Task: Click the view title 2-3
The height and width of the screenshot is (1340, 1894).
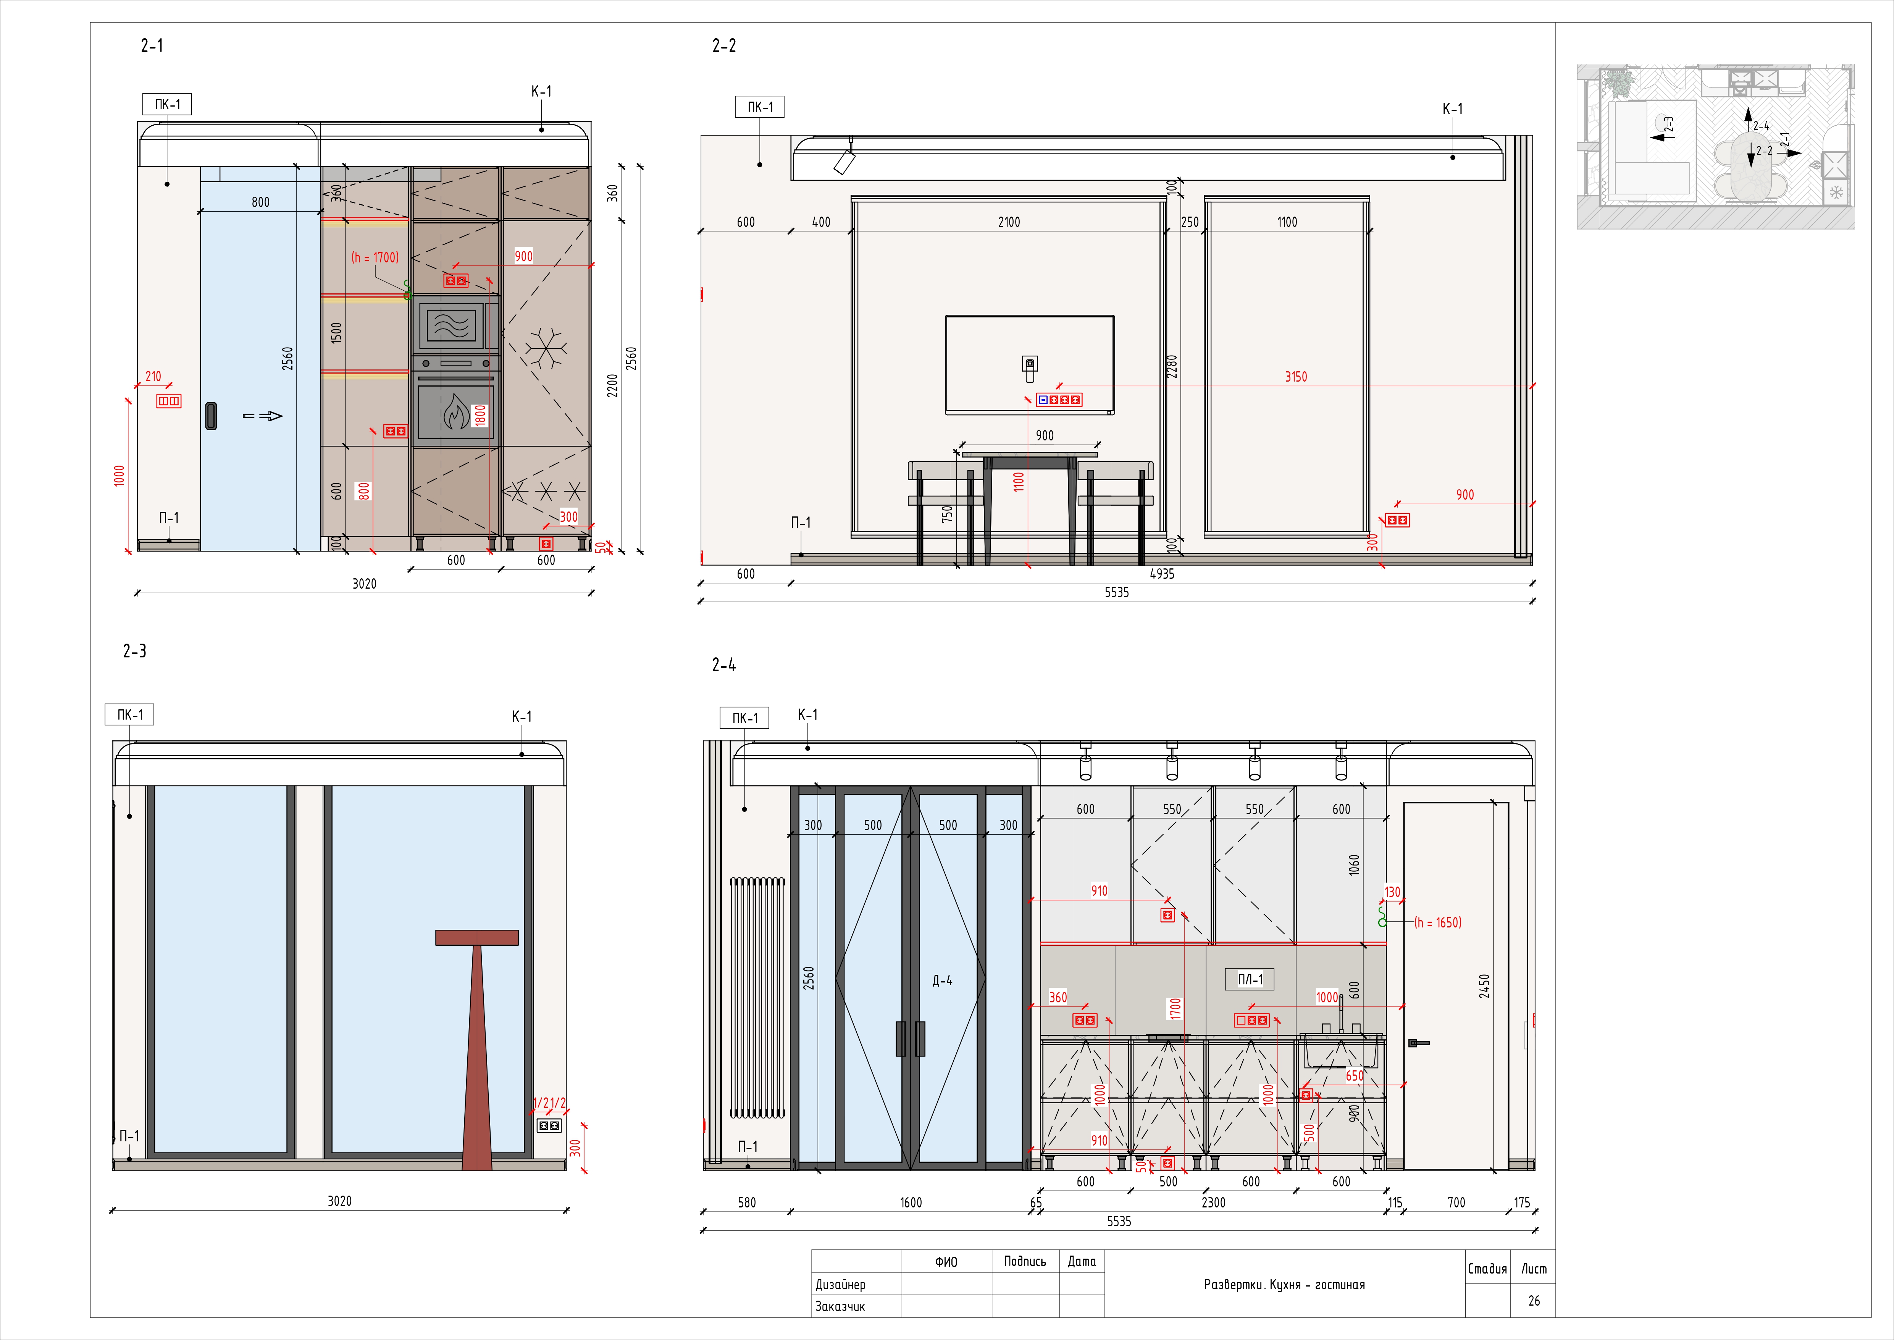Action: click(134, 651)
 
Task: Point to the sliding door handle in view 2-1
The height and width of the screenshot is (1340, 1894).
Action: click(211, 416)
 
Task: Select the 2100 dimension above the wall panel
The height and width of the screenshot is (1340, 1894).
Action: click(1008, 222)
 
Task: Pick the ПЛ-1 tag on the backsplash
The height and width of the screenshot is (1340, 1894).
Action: click(1250, 979)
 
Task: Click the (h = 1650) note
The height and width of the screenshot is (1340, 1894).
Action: click(1438, 922)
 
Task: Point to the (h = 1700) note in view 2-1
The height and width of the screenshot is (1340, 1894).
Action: click(375, 257)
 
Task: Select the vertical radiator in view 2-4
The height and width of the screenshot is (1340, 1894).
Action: click(756, 999)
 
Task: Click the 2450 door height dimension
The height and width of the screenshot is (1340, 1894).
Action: click(1484, 986)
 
